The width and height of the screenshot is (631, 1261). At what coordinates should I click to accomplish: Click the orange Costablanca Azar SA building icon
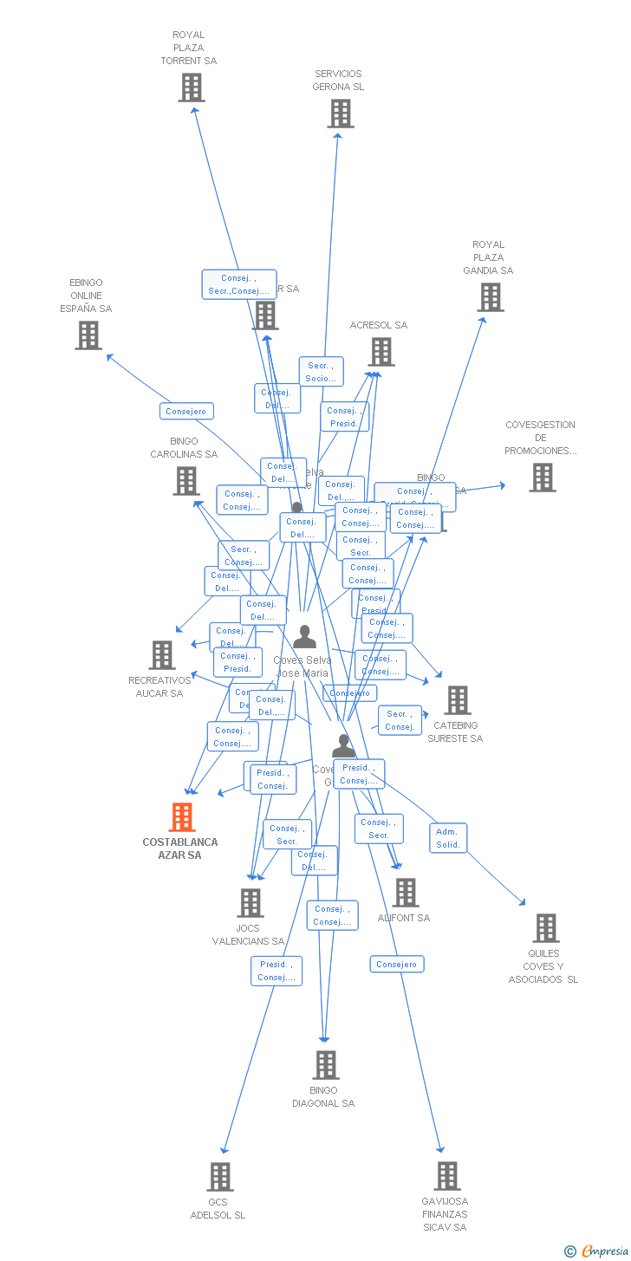tap(182, 817)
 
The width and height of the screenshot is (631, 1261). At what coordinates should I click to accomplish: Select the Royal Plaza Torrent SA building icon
tap(192, 88)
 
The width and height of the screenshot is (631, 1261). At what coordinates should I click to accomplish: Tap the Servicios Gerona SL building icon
tap(341, 114)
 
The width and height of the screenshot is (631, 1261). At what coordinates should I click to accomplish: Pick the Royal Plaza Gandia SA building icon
tap(491, 297)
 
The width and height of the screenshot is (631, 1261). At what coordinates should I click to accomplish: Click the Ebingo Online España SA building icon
tap(88, 335)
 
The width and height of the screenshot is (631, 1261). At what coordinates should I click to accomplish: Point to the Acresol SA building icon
tap(381, 352)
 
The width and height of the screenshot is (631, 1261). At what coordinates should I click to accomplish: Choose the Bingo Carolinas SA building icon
tap(186, 481)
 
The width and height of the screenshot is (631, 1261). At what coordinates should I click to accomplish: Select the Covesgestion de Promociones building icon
tap(543, 478)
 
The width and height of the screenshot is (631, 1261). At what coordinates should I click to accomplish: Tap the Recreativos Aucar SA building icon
tap(162, 655)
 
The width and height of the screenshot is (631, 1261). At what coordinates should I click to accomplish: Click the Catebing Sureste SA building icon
tap(458, 700)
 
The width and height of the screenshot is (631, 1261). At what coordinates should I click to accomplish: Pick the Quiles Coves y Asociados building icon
tap(545, 928)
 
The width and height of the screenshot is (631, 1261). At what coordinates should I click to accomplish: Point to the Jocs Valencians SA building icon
tap(250, 903)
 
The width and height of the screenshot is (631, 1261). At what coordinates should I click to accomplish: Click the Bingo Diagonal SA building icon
tap(326, 1065)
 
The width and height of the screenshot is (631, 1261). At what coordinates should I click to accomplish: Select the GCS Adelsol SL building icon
tap(221, 1177)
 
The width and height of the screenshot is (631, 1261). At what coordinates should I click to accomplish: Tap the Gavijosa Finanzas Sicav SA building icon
tap(447, 1176)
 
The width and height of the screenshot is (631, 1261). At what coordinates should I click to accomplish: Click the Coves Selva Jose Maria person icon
tap(304, 637)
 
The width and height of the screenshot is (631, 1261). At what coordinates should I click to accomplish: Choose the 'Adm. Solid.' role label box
tap(448, 838)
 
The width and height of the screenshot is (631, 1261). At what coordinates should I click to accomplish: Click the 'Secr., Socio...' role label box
tap(321, 372)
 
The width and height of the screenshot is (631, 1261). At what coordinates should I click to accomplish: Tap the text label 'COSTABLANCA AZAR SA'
tap(180, 848)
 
